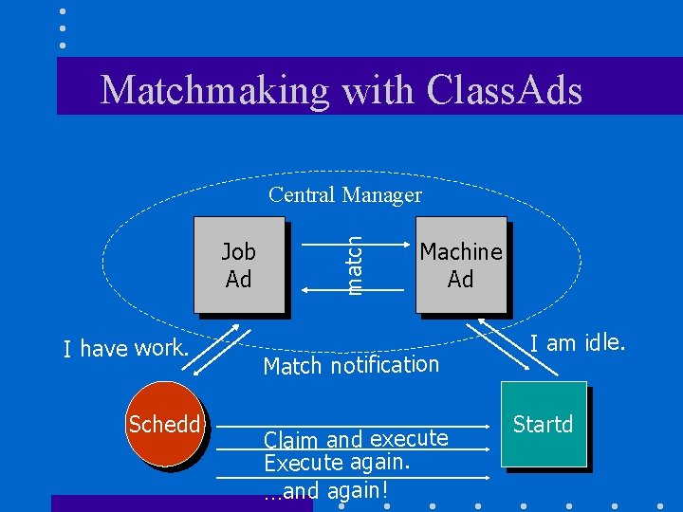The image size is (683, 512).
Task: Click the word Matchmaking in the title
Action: pos(215,90)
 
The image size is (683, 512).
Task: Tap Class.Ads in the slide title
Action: pos(505,90)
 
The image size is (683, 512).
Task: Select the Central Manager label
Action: pos(344,195)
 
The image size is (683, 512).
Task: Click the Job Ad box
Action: pos(239,265)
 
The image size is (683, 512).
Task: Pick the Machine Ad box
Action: pos(461,265)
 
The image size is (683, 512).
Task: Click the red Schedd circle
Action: pos(165,424)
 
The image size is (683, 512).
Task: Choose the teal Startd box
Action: pos(544,424)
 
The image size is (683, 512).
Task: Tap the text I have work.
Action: pos(126,349)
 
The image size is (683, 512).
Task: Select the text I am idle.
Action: pos(577,342)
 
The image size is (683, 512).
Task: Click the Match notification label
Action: pos(351,365)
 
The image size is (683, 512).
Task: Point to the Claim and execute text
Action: pos(356,439)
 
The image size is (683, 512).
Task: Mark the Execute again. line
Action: pos(337,463)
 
